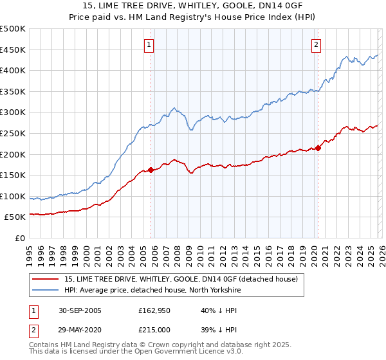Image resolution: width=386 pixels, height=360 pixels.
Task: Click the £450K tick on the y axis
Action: tap(13, 50)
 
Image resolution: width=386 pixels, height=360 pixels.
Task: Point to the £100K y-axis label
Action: tap(13, 196)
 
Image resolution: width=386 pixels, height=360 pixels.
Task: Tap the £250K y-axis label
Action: tap(13, 133)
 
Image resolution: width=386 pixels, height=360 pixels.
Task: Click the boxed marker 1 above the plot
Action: tap(149, 45)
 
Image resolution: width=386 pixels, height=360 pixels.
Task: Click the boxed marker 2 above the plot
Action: tap(317, 45)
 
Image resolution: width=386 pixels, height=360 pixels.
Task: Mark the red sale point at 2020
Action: tap(318, 148)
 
